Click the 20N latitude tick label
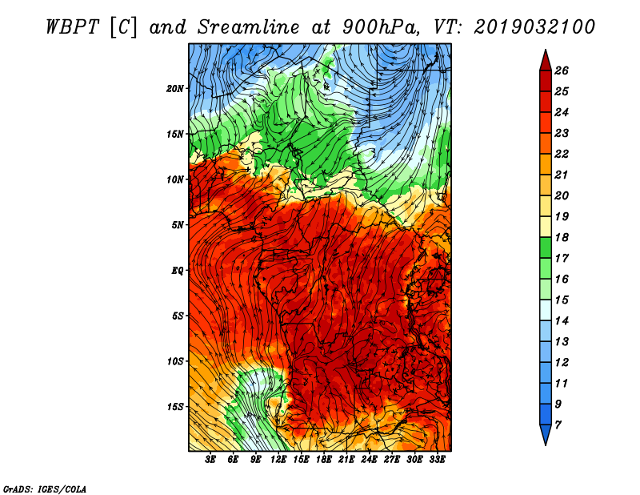coord(175,89)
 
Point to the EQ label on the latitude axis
coord(178,271)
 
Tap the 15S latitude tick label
coord(175,407)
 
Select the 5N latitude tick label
coord(178,225)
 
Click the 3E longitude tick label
coord(210,460)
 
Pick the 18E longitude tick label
coord(324,460)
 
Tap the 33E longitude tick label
coord(437,460)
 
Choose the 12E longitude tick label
coord(278,460)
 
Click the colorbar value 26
coord(562,70)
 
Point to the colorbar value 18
coord(562,237)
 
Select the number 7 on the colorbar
coord(558,425)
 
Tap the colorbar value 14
coord(562,321)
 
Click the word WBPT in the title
coord(72,27)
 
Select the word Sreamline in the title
coord(249,27)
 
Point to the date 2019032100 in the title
coord(534,27)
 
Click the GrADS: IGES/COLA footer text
coord(45,489)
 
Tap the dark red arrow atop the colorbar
coord(546,60)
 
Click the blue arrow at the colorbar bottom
coord(546,435)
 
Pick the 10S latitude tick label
coord(175,362)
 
